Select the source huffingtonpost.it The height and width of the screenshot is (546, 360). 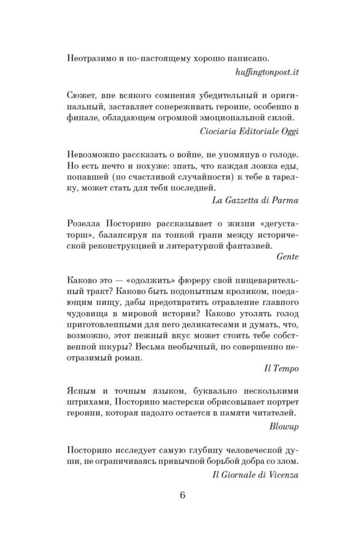tap(267, 72)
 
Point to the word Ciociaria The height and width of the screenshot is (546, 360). tap(218, 131)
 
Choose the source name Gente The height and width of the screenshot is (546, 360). tap(287, 256)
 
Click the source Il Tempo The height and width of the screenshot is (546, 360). tap(281, 368)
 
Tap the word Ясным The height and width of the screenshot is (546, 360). tap(81, 391)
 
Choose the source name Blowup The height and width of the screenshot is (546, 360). tap(284, 426)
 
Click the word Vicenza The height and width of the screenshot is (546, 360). tap(283, 475)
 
